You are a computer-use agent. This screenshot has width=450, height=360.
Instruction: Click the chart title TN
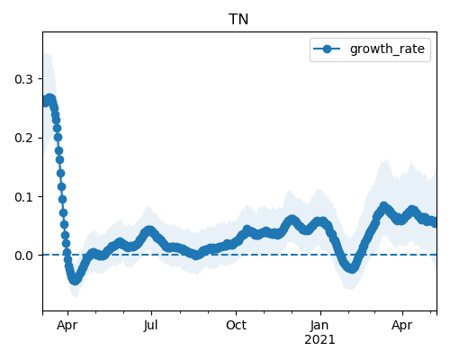coord(238,20)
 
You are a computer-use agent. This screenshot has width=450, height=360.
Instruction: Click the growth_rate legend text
coord(387,49)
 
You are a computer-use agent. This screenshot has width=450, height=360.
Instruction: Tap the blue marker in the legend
coord(327,49)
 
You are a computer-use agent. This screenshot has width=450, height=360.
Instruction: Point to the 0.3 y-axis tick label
coord(23,79)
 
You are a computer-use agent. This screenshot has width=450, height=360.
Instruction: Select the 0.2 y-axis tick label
coord(23,138)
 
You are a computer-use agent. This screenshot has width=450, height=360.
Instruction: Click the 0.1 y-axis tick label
coord(23,197)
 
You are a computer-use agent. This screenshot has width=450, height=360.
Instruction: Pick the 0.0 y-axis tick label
coord(23,256)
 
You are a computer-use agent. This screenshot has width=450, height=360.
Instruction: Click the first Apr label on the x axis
coord(67,326)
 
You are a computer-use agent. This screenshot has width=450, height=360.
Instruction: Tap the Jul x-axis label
coord(150,325)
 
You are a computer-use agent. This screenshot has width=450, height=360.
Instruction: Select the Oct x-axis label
coord(236,325)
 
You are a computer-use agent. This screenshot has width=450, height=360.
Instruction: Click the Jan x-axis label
coord(319,325)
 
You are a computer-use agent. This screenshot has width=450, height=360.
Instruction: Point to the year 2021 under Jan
coord(319,340)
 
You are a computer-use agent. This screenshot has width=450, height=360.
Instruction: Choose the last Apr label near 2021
coord(402,326)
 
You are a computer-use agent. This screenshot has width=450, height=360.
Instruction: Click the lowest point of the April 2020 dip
coord(75,280)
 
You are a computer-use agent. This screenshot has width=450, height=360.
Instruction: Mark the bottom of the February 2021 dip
coord(352,268)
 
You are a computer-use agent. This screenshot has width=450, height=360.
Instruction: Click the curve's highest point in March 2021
coord(384,206)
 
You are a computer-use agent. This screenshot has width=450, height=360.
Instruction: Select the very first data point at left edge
coord(44,102)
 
